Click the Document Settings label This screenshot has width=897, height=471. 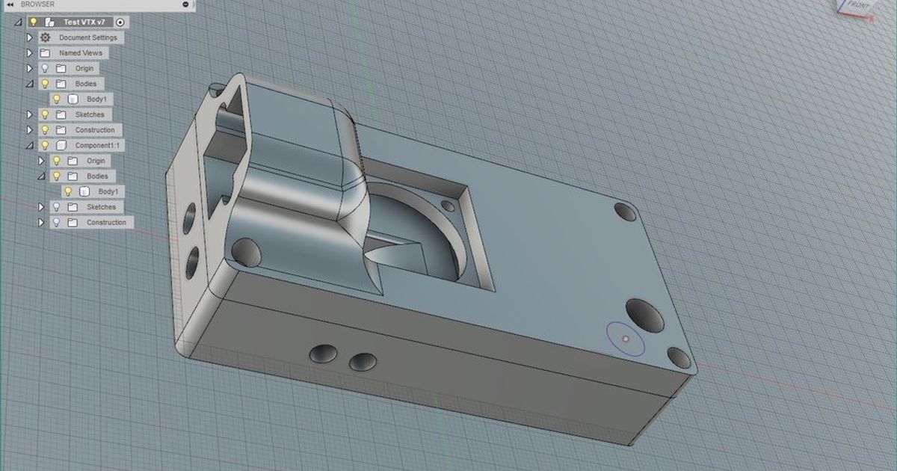coord(87,37)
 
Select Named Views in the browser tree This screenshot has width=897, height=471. coord(81,53)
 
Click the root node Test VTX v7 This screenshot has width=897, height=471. coord(84,22)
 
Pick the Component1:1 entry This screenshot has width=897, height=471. coord(96,145)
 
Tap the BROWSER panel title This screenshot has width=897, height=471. coord(37,4)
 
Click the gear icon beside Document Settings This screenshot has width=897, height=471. coord(46,37)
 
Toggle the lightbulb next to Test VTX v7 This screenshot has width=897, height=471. coord(34,22)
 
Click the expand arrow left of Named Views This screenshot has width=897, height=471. coord(30,53)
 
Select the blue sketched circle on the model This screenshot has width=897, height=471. coord(626,339)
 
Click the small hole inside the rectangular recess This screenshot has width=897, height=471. coord(450,205)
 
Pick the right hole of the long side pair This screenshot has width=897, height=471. coord(363,361)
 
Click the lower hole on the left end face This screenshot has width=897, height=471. coord(192,259)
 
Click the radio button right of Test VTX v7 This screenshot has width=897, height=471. coord(121,22)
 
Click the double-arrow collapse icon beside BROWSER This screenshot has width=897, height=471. coord(11,4)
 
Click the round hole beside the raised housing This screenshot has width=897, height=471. coord(246,252)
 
